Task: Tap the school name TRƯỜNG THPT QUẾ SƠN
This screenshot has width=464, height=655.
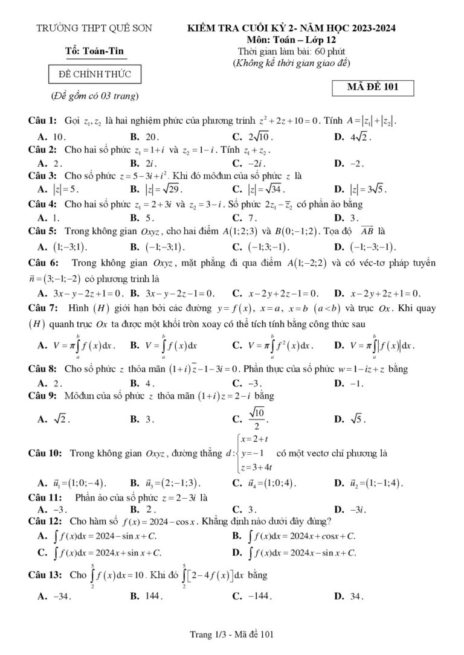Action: [94, 28]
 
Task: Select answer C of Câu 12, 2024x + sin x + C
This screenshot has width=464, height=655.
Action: [103, 552]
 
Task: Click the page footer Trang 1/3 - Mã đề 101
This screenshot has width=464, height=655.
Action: [232, 634]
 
